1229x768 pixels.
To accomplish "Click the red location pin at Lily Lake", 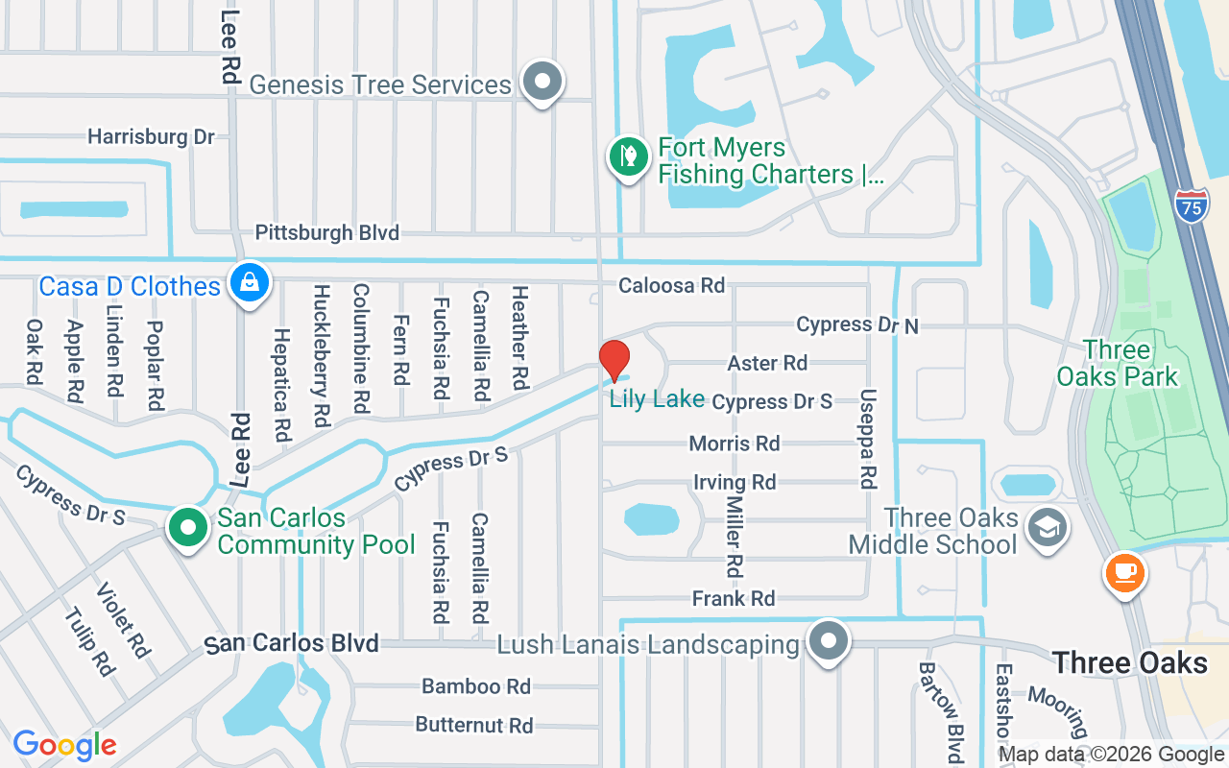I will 614,362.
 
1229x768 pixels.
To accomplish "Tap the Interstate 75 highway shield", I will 1191,206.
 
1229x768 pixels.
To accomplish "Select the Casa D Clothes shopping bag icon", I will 250,283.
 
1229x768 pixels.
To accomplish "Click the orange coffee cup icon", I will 1123,572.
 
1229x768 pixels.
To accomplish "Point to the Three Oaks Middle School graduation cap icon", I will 1047,527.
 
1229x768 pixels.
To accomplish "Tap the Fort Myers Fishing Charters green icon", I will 628,156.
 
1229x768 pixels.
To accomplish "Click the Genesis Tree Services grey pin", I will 542,82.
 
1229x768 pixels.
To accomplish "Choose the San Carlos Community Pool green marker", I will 189,527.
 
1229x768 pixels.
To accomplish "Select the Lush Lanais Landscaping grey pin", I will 829,640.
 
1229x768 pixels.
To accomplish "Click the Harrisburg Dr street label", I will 151,136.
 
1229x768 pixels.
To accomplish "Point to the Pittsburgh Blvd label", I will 326,232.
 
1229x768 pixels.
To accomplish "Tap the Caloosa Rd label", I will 671,285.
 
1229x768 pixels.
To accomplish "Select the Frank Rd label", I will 734,599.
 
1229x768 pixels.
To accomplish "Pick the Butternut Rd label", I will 474,724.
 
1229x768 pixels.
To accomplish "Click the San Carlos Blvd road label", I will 292,643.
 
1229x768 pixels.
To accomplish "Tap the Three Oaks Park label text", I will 1117,363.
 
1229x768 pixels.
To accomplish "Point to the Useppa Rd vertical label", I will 868,438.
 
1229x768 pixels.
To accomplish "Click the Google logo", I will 64,745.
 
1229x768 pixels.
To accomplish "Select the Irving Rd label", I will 735,482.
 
